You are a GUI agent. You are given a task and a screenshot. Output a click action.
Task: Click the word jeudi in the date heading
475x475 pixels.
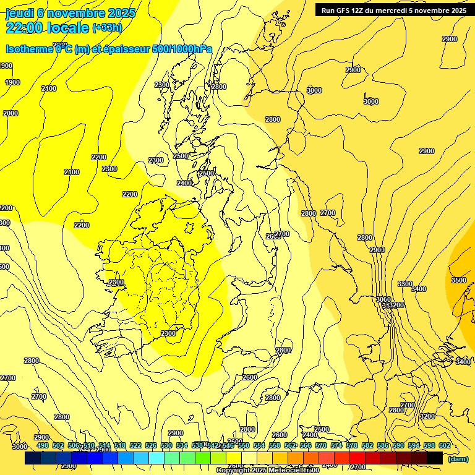coord(19,13)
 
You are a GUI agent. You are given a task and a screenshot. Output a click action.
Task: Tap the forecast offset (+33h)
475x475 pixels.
coord(106,27)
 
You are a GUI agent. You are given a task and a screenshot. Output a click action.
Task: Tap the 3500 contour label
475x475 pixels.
coord(459,280)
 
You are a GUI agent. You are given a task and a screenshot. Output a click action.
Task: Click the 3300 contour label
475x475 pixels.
coord(405,284)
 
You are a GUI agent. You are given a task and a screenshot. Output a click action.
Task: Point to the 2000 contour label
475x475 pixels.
coord(11,113)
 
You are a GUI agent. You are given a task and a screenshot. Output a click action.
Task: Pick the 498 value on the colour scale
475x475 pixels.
coord(42,445)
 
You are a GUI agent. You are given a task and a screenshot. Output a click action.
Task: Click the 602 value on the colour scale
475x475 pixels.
coord(444,445)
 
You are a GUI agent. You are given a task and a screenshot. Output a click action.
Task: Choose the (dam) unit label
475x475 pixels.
coord(458,458)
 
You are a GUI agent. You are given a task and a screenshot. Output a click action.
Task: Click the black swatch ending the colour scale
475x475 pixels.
coord(434,458)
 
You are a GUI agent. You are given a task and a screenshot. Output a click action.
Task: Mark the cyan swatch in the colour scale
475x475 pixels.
coord(156,458)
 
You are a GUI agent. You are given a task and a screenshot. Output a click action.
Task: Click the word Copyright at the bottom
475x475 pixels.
coord(233,471)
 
